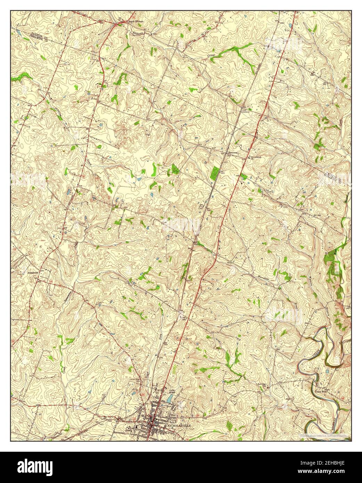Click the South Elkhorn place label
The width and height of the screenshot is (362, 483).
pos(136,22)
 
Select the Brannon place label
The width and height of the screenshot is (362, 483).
pos(232,153)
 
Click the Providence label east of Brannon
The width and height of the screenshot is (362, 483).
pos(256,157)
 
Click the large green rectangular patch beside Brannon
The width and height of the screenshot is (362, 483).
pos(215,171)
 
